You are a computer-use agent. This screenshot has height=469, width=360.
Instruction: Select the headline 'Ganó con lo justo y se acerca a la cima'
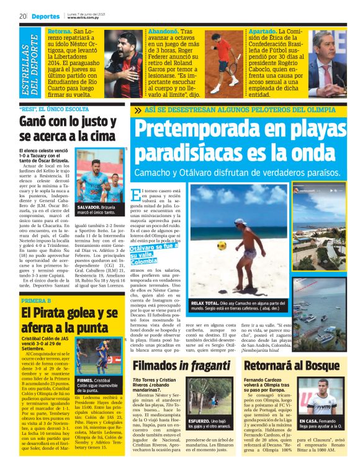[70, 128]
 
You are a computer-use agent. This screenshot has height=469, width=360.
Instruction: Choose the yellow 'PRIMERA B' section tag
[35, 301]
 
